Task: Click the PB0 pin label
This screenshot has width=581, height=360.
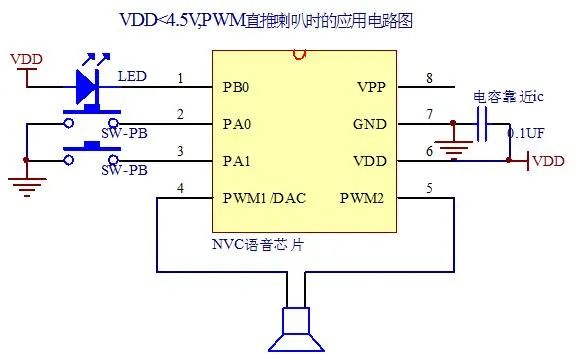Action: tap(236, 86)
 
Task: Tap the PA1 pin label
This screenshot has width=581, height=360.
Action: tap(236, 160)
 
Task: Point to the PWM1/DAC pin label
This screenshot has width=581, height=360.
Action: tap(264, 197)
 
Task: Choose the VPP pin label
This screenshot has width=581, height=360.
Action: tap(372, 86)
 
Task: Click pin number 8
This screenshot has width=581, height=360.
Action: tap(428, 78)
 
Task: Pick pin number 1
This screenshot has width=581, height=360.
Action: tap(180, 78)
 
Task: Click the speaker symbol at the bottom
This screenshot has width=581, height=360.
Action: tap(298, 328)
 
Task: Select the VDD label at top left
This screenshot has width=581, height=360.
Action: tap(26, 60)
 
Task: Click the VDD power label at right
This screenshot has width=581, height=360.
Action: tap(548, 160)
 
